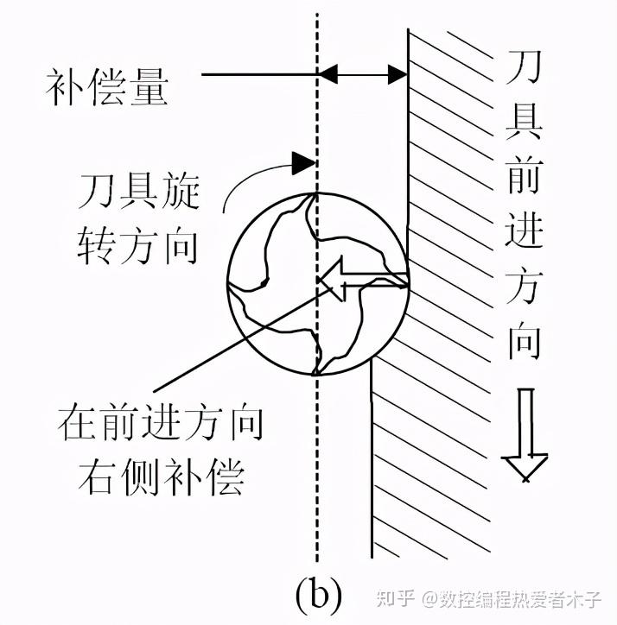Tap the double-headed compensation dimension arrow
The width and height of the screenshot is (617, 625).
pyautogui.click(x=363, y=76)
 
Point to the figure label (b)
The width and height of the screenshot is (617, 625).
pyautogui.click(x=318, y=593)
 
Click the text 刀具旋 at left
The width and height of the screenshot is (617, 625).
pyautogui.click(x=140, y=192)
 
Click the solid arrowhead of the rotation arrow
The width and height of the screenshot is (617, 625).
pyautogui.click(x=302, y=161)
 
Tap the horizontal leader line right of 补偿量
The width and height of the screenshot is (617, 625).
pyautogui.click(x=259, y=76)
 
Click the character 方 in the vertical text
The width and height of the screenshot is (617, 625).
pyautogui.click(x=525, y=288)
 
